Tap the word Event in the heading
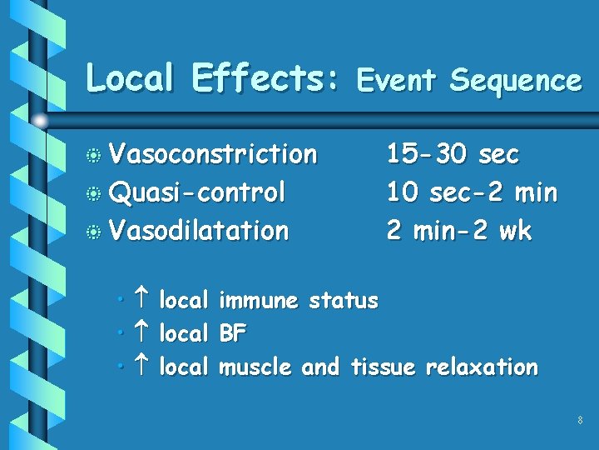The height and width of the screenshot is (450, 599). coord(397,80)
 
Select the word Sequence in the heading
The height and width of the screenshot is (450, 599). coord(515,80)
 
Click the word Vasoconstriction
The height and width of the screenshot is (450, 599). coord(214,154)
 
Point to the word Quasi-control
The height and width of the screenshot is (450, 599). coord(198,192)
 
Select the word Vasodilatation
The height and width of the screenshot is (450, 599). coord(200,230)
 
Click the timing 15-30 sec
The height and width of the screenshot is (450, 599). coord(453,154)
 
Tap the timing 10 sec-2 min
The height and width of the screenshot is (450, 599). coord(472,192)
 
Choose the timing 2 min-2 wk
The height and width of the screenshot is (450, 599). coord(458,230)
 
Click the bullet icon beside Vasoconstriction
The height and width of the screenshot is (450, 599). coord(97,156)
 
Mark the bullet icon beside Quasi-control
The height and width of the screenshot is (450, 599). coord(97,194)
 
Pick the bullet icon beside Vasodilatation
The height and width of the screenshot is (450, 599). coord(97,232)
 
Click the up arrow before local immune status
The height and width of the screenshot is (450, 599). coord(141,300)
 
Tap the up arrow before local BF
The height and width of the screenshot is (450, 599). coord(141,333)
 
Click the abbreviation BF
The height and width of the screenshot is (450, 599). coord(233,334)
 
